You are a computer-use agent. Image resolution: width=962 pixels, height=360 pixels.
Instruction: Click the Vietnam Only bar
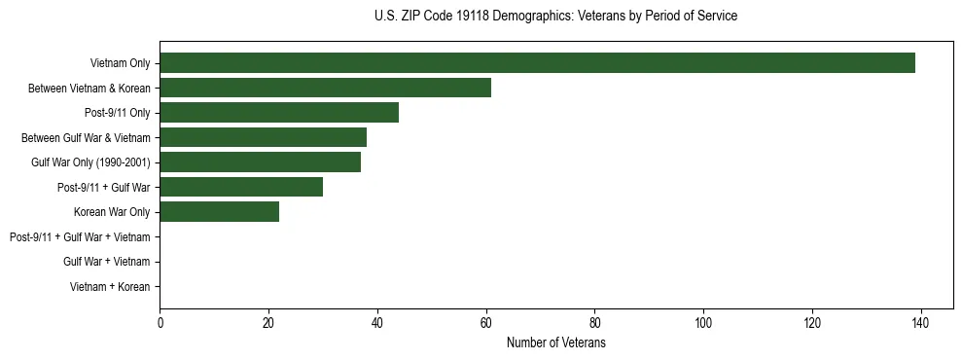coord(537,63)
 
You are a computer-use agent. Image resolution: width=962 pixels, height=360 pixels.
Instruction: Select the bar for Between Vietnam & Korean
coord(325,88)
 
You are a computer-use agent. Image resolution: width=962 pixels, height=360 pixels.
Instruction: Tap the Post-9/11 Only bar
coord(279,113)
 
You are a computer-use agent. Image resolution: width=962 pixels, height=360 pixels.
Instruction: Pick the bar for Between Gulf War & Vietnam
coord(263,137)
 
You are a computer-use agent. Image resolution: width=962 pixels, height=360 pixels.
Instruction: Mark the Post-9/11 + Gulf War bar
coord(241,187)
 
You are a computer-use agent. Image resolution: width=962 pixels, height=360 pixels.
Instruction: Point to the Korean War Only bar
coord(219,212)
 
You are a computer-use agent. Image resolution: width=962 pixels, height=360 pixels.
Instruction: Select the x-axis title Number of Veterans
coord(555,342)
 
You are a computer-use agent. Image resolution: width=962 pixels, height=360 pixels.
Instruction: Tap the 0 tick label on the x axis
coord(160,324)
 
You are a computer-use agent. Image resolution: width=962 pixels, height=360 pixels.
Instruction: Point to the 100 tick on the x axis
coord(703,324)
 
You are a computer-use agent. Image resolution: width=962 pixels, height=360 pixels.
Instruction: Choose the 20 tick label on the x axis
coord(268,324)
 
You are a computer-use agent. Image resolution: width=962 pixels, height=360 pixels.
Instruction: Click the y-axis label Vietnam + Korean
coord(110,286)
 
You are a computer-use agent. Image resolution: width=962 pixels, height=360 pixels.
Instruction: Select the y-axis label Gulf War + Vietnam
coord(106,262)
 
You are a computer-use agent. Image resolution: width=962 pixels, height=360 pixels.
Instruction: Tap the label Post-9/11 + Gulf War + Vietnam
coord(80,236)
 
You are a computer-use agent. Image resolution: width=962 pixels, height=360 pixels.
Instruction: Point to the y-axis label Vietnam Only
coord(120,63)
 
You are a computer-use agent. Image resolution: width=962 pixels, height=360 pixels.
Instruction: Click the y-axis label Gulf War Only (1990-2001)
coord(90,162)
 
